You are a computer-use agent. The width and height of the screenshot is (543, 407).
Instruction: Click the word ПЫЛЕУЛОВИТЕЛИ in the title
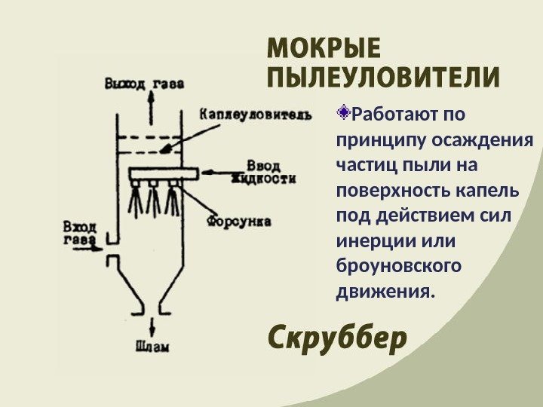point(383,78)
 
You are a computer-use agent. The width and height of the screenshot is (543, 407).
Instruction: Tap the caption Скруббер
point(337,338)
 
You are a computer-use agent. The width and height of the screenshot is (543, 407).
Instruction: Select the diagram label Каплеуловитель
point(255,114)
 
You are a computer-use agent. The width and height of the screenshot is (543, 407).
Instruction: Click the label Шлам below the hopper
point(152,347)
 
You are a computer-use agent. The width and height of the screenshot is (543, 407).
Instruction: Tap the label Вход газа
point(78,233)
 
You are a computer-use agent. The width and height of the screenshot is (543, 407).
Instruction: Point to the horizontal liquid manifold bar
point(162,174)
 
